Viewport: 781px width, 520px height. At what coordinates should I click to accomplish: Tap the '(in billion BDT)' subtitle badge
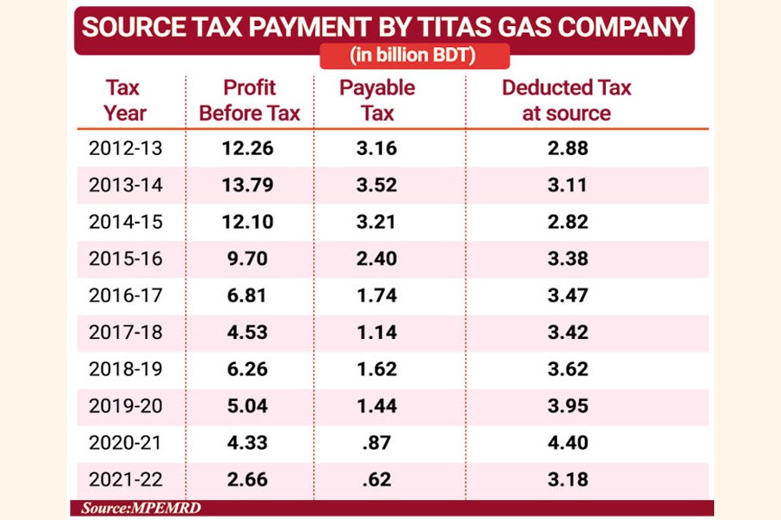coord(414,56)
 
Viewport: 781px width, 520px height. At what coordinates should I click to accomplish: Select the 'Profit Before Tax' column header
coord(249,100)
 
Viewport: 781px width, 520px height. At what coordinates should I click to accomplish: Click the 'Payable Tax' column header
coord(377,100)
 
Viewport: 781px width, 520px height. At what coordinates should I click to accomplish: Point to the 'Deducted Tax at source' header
coord(567,100)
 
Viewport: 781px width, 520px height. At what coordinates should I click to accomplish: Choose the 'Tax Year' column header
coord(125,100)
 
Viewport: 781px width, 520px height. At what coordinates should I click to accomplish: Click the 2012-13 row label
coord(125,148)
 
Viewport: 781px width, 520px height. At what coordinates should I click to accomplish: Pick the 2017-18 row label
coord(125,332)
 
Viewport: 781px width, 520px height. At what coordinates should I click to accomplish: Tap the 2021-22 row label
coord(125,479)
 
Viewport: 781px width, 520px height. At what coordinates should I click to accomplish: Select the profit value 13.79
coord(247,185)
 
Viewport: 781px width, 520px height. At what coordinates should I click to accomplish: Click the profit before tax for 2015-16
coord(247,258)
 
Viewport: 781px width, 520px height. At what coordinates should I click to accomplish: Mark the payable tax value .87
coord(377,442)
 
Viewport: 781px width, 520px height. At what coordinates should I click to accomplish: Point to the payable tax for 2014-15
coord(377,222)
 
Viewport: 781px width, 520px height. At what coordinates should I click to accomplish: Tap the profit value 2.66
coord(247,479)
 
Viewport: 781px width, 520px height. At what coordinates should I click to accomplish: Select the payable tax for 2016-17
coord(377,296)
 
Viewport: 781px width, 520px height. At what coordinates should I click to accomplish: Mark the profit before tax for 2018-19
coord(247,369)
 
